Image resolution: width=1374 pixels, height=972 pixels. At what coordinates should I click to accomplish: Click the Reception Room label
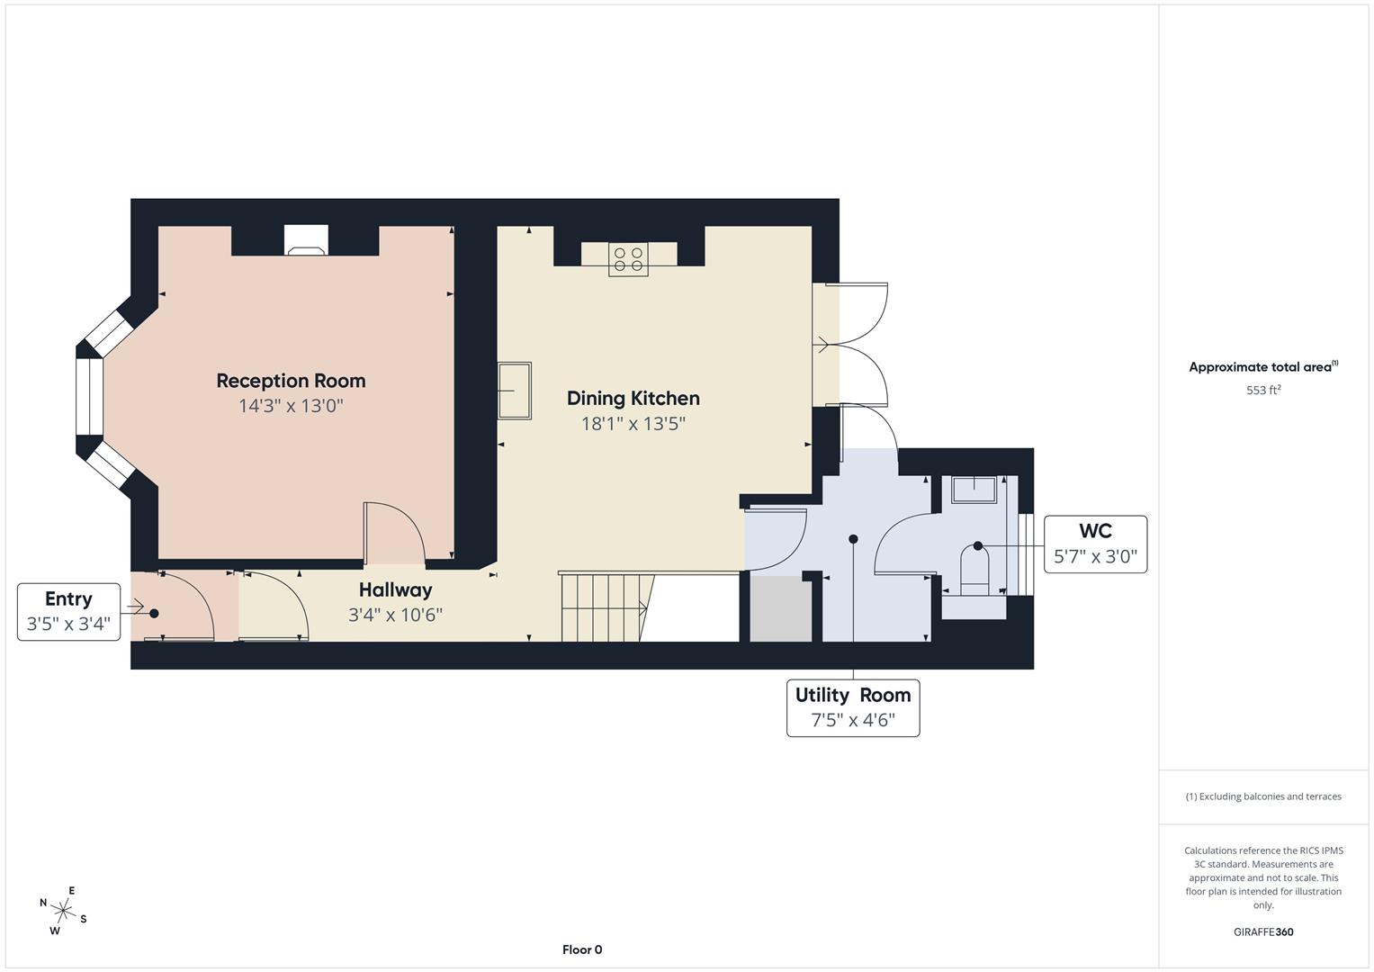pyautogui.click(x=291, y=381)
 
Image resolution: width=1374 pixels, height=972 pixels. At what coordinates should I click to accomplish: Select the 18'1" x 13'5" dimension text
pyautogui.click(x=633, y=424)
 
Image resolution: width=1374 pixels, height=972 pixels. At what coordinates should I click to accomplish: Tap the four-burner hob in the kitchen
pyautogui.click(x=629, y=259)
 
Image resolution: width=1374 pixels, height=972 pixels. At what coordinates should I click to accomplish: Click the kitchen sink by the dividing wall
pyautogui.click(x=516, y=391)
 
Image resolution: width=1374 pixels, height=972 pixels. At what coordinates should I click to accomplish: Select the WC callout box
pyautogui.click(x=1095, y=544)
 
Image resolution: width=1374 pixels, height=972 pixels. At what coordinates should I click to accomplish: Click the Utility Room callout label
pyautogui.click(x=853, y=707)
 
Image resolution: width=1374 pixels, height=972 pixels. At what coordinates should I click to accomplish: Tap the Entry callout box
pyautogui.click(x=68, y=611)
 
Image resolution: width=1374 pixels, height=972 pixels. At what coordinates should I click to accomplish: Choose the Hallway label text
pyautogui.click(x=395, y=590)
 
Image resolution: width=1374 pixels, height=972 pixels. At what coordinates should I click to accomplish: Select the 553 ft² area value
pyautogui.click(x=1263, y=391)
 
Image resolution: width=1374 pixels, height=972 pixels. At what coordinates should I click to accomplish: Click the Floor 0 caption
pyautogui.click(x=582, y=949)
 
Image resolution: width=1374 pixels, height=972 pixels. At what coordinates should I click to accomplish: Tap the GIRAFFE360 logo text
pyautogui.click(x=1263, y=932)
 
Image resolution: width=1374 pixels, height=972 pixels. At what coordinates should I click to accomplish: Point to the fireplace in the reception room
pyautogui.click(x=306, y=240)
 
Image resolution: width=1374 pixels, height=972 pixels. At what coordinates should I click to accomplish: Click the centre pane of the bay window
pyautogui.click(x=90, y=397)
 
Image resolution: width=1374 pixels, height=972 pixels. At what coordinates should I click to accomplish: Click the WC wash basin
pyautogui.click(x=974, y=490)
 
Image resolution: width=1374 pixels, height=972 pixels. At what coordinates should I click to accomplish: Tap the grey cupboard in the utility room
pyautogui.click(x=781, y=608)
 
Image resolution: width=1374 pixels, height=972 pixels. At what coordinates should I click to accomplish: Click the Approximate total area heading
pyautogui.click(x=1263, y=367)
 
